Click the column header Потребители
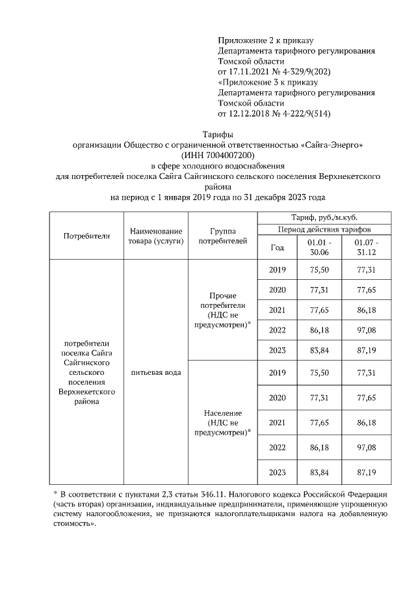(x=86, y=236)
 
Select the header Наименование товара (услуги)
(x=155, y=236)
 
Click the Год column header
(x=277, y=247)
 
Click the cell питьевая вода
(x=155, y=372)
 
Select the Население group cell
(x=222, y=422)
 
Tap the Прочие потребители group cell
(x=222, y=310)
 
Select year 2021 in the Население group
(x=277, y=422)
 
